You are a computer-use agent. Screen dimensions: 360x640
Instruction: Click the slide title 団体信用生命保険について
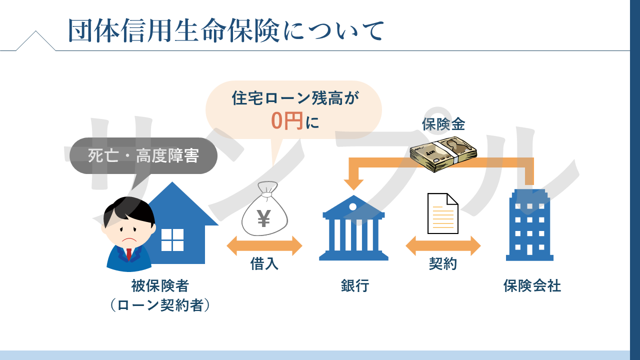226,30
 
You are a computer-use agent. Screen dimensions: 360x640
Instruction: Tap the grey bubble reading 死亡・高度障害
143,156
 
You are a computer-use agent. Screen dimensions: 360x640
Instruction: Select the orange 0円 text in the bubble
287,121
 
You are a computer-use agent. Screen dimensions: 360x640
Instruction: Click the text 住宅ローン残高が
295,98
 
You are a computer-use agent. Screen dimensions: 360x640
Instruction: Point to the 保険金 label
443,124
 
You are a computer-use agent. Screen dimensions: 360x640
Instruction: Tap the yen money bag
264,210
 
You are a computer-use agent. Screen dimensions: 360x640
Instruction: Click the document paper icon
442,213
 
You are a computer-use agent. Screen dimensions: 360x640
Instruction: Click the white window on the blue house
172,239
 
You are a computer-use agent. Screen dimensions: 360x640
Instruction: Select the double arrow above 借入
264,246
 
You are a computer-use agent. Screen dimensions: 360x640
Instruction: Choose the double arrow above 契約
443,246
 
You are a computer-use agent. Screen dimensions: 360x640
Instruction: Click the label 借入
264,264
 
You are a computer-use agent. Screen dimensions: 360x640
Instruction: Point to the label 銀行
354,286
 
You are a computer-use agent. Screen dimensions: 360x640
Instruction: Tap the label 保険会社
532,286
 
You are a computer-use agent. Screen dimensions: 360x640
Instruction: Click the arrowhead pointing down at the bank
353,183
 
